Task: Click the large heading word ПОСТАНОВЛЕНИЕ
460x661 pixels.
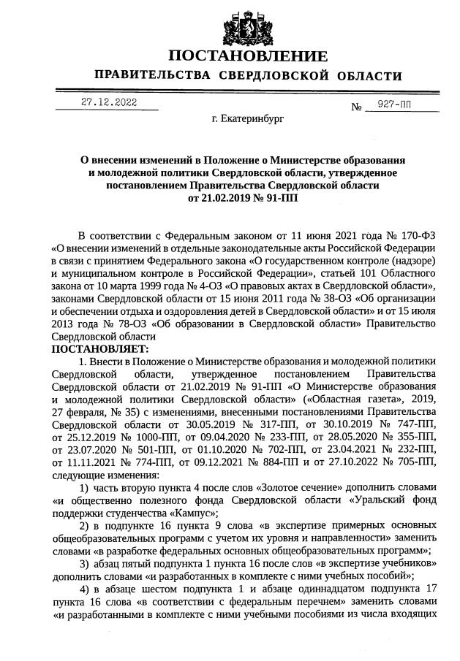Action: click(248, 57)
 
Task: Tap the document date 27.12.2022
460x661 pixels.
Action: click(109, 102)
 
